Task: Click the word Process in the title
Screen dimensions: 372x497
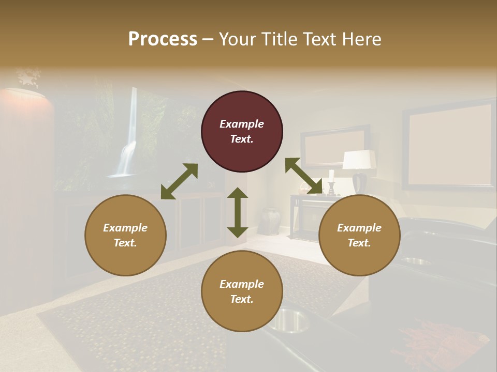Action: (163, 39)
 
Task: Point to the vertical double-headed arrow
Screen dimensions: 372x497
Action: (238, 212)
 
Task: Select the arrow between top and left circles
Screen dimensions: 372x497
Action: (179, 181)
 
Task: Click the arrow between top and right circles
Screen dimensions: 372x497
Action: (303, 176)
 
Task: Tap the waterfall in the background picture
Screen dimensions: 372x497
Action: (127, 150)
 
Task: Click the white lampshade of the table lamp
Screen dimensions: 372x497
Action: (359, 160)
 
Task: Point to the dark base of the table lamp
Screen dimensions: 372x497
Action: (360, 182)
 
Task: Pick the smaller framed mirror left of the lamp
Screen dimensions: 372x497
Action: (334, 147)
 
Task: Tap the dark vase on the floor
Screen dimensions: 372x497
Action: (268, 221)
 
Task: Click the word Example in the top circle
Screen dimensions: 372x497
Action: (242, 124)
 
